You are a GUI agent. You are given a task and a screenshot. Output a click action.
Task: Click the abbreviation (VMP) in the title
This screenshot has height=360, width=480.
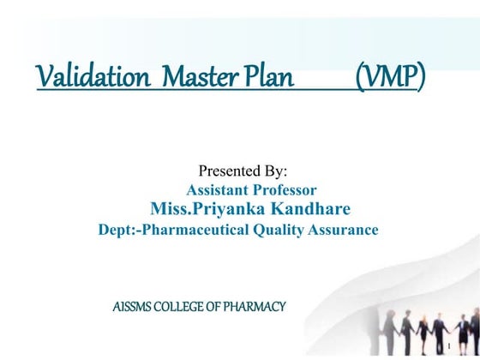click(x=389, y=76)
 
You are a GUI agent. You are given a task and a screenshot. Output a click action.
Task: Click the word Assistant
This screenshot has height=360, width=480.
click(x=218, y=190)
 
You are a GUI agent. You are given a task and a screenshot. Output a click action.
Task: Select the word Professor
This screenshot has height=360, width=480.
click(x=285, y=190)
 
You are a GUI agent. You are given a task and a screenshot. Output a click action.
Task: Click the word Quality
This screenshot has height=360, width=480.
click(x=279, y=230)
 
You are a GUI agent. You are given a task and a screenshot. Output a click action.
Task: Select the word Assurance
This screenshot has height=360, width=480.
click(x=345, y=230)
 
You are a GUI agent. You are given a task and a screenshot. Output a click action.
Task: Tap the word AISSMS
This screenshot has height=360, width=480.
click(x=133, y=306)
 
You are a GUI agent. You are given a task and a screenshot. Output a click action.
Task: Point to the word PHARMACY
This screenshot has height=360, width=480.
click(x=255, y=306)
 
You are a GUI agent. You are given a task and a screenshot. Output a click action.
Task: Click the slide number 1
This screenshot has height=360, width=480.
click(x=448, y=348)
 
